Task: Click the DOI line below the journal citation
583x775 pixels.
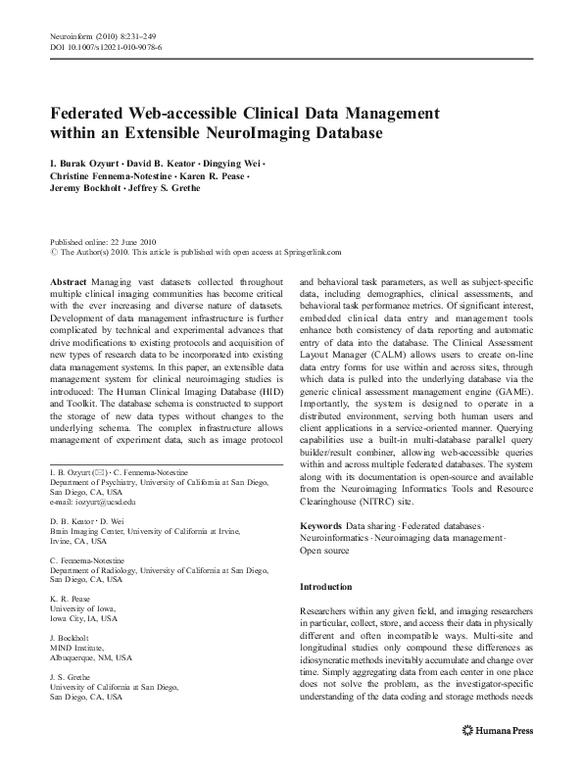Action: coord(106,46)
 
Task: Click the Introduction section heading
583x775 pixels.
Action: coord(324,586)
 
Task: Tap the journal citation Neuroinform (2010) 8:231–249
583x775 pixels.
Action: coord(100,34)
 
